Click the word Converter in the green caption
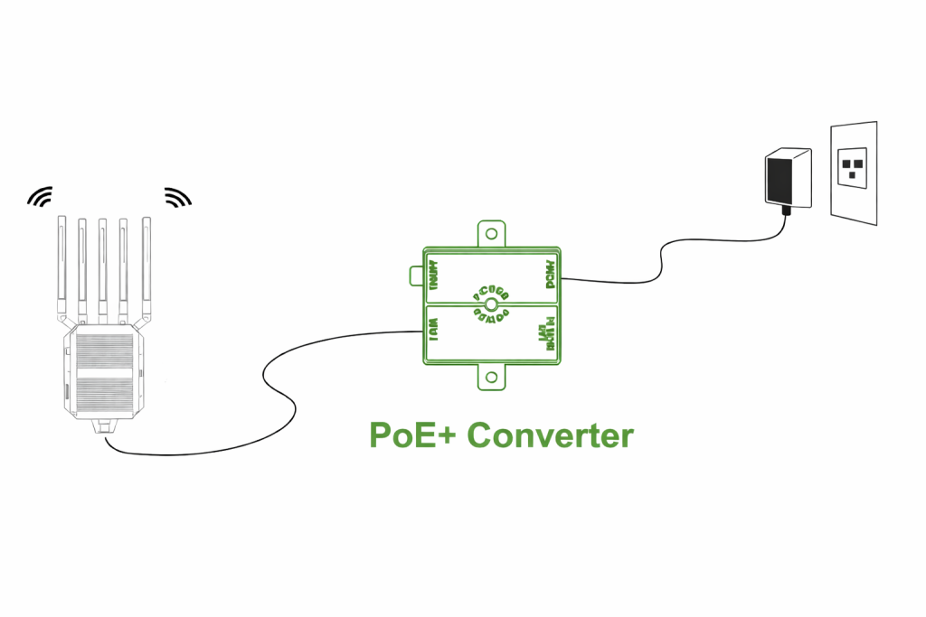pyautogui.click(x=550, y=435)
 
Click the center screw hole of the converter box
pyautogui.click(x=491, y=304)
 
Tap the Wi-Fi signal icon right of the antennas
pyautogui.click(x=177, y=196)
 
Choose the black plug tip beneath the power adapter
pyautogui.click(x=786, y=210)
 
